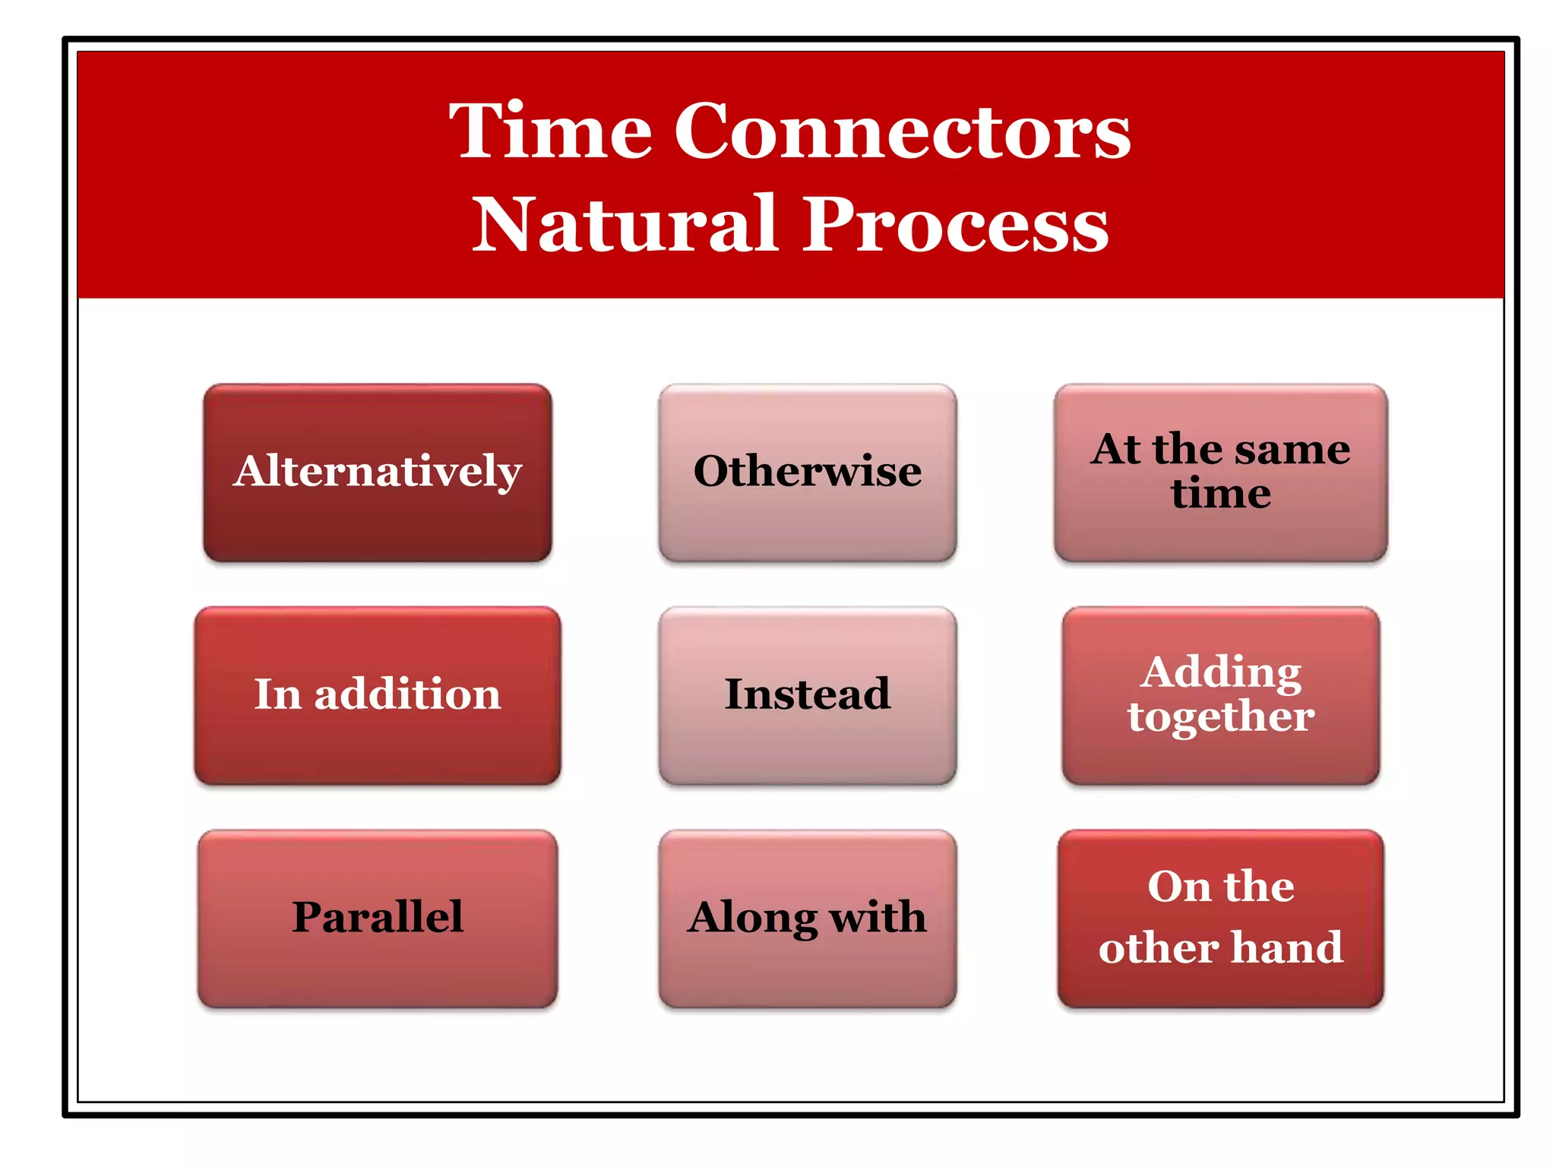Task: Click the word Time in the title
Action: pos(550,131)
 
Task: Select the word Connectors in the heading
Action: pos(902,131)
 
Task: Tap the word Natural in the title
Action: pos(625,224)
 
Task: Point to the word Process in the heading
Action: pos(956,224)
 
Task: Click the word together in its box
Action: pos(1220,716)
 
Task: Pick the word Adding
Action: pos(1222,672)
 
